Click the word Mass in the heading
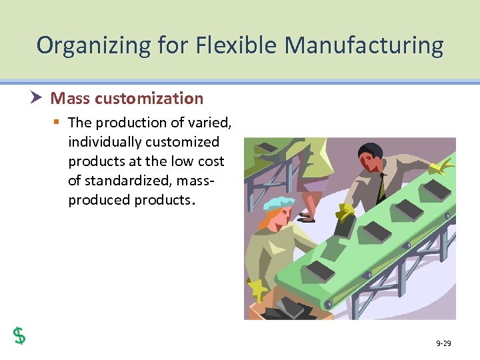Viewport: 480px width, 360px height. click(70, 99)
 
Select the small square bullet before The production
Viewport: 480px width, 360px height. click(57, 123)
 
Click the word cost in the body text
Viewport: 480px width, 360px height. click(211, 161)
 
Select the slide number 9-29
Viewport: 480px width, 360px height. click(443, 343)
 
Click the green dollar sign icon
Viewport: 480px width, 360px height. click(20, 335)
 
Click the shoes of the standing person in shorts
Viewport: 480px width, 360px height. click(307, 216)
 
